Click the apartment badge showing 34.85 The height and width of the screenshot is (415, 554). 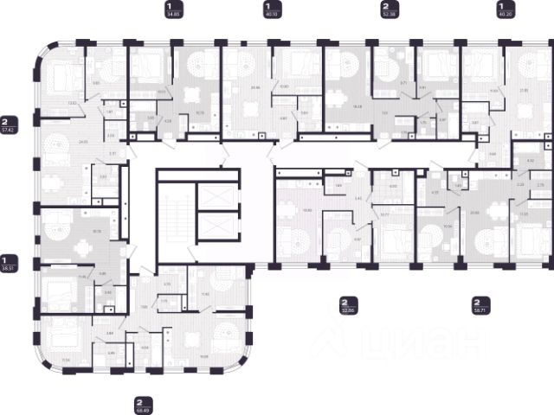[x=173, y=10]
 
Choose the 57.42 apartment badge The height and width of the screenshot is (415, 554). [x=10, y=126]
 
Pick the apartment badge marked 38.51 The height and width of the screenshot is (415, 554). [x=10, y=263]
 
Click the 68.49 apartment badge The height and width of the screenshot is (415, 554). [x=144, y=405]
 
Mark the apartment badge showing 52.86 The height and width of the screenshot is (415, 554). [x=349, y=306]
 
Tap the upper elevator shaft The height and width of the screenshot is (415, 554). [x=211, y=191]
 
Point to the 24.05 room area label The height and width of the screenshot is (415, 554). [x=59, y=141]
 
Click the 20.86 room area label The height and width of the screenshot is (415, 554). [x=254, y=86]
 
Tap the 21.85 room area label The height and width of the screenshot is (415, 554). [x=522, y=91]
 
